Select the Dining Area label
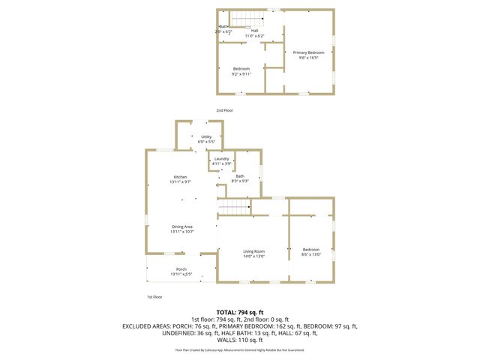click(x=182, y=226)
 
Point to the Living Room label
click(x=253, y=251)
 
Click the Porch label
click(x=181, y=268)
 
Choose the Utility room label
click(x=205, y=136)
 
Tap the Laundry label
click(x=221, y=158)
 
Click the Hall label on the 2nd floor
click(x=244, y=31)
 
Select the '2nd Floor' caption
click(x=225, y=110)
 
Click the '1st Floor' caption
click(x=154, y=297)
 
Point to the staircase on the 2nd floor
click(x=242, y=19)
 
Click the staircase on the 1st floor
click(x=232, y=208)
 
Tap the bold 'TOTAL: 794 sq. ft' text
click(x=240, y=311)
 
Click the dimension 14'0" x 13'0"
click(x=253, y=256)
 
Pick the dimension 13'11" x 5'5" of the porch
click(x=181, y=274)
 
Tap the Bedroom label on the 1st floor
click(x=311, y=250)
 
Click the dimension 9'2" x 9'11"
click(x=241, y=74)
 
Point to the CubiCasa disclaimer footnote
click(x=240, y=349)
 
